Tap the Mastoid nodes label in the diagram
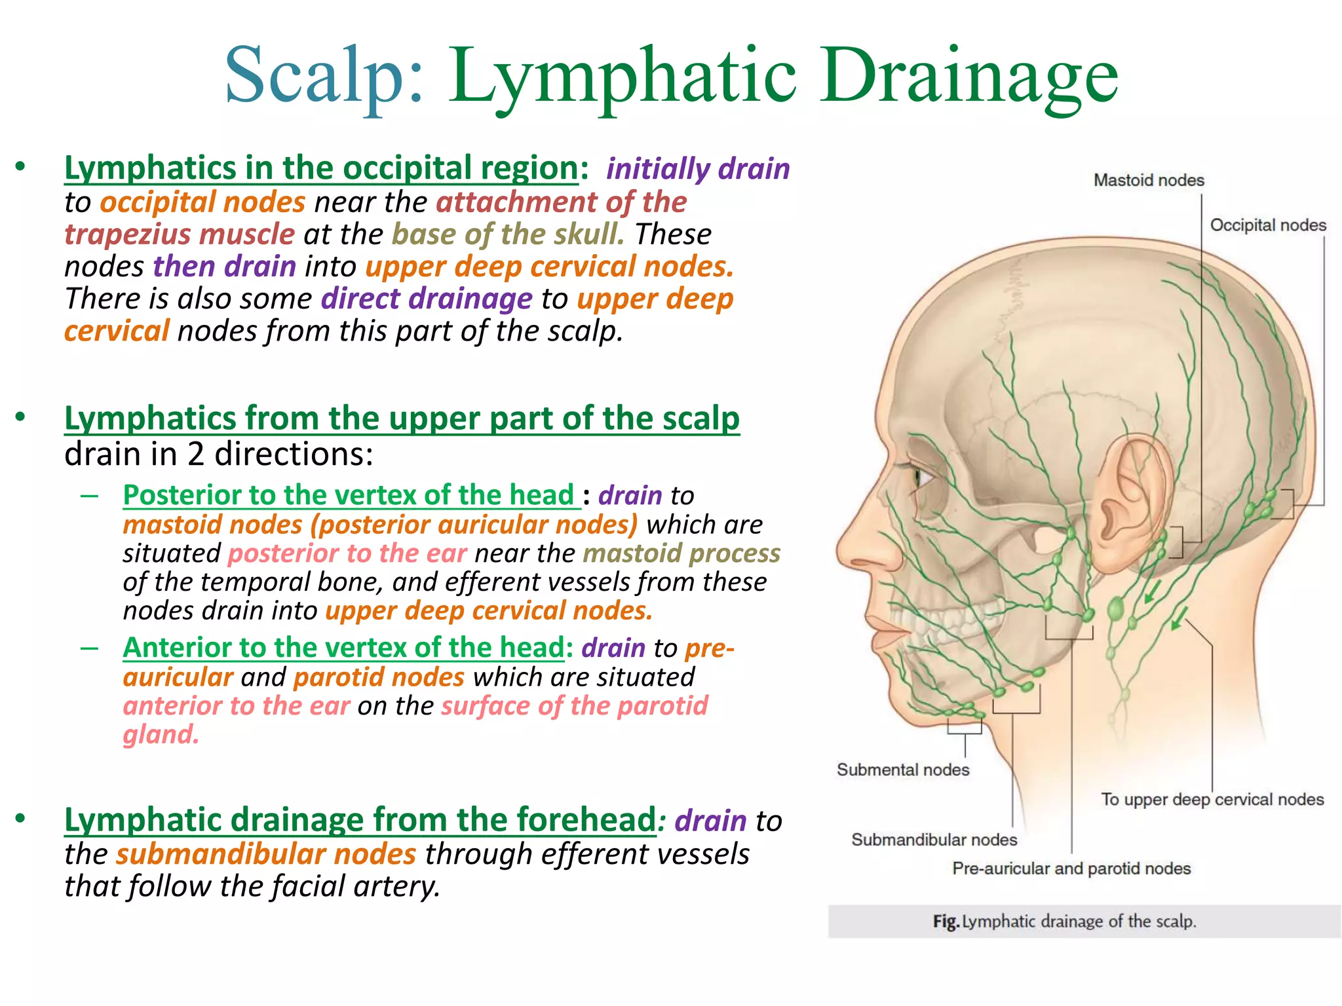pos(1149,180)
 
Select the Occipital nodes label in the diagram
pos(1267,225)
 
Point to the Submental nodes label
pos(902,770)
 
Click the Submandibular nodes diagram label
pos(934,840)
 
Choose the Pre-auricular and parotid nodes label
pos(1071,868)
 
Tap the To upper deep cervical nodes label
pos(1212,800)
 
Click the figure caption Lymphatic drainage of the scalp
pos(1064,922)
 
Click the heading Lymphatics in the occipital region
pos(321,168)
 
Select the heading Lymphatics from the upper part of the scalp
pos(402,418)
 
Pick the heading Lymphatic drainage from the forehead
pos(360,819)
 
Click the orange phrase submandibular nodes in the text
pos(266,854)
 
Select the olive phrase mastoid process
pos(681,553)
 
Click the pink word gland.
pos(161,734)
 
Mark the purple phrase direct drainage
pos(427,299)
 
